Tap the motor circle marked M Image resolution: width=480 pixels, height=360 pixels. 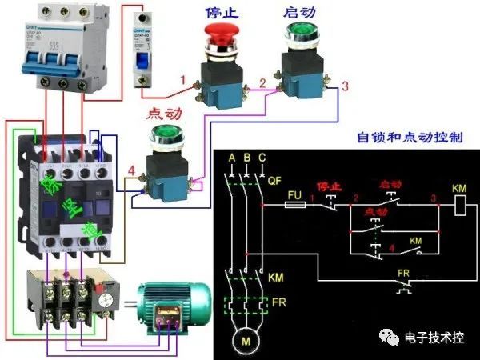pyautogui.click(x=244, y=342)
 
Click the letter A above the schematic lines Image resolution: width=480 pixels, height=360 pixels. pyautogui.click(x=231, y=155)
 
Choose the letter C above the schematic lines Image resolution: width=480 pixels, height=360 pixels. pyautogui.click(x=262, y=155)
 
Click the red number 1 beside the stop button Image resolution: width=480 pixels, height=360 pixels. pyautogui.click(x=183, y=80)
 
